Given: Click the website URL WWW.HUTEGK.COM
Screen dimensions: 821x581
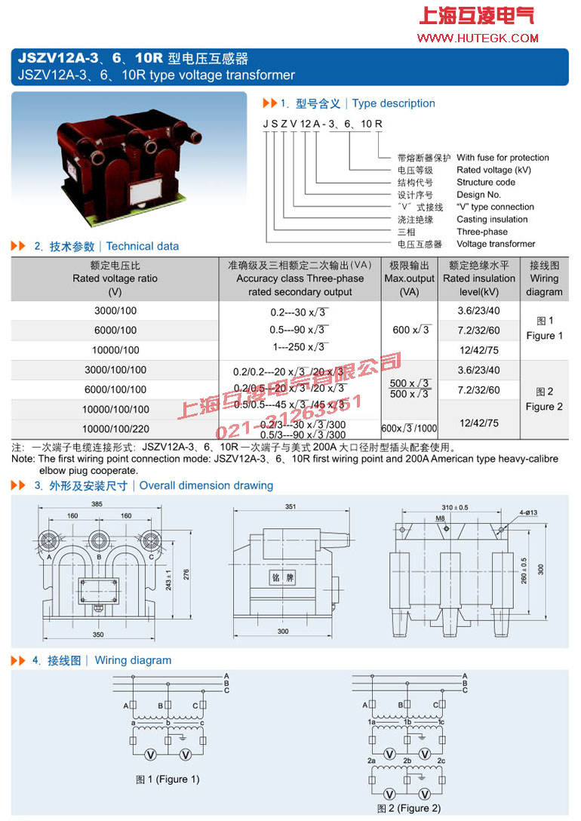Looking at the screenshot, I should coord(478,38).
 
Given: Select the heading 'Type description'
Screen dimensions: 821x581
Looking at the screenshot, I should coord(393,103).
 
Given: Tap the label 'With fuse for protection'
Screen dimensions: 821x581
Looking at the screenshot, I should coord(503,158).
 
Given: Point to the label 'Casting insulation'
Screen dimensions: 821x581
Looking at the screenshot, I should coord(492,220).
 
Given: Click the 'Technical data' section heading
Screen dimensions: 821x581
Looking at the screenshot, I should coord(143,246).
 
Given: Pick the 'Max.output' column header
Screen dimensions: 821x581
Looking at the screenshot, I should coord(409,278).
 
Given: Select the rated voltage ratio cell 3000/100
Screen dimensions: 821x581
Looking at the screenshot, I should coord(115,311).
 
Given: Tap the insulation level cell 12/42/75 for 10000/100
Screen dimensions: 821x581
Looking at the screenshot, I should coord(479,350).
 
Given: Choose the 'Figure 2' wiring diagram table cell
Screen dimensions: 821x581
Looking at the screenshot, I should coord(544,399).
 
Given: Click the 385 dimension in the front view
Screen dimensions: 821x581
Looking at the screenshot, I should coord(97,503).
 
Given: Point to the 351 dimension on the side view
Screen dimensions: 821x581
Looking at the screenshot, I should coord(290,507).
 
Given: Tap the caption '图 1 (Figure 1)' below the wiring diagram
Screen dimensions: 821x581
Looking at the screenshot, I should coord(168,779).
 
